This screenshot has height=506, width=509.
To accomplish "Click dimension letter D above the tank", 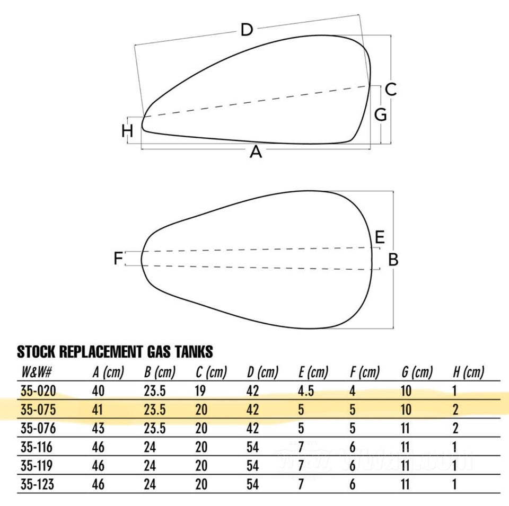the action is (x=247, y=30).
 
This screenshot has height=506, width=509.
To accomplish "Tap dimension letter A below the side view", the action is (x=256, y=152).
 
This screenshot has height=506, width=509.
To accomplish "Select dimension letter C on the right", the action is (x=391, y=89).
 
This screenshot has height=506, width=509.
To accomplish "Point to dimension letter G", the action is (x=381, y=114).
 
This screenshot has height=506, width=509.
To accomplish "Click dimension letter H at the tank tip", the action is (x=127, y=131).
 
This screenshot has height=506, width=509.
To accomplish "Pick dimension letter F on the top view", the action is (x=118, y=258).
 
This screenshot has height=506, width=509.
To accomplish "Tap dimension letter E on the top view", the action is (x=380, y=237).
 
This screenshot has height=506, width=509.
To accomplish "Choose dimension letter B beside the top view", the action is (x=393, y=260).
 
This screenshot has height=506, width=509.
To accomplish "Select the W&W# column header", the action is (x=37, y=372).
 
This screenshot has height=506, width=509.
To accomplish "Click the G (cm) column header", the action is (x=417, y=372).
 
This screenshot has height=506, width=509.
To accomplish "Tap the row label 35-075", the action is (x=38, y=410).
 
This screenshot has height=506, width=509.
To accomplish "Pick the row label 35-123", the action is (x=37, y=484).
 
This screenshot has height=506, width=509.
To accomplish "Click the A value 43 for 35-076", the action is (x=98, y=428).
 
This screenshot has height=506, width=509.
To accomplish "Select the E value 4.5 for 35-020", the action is (x=306, y=391).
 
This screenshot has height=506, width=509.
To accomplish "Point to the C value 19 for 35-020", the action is (x=200, y=391).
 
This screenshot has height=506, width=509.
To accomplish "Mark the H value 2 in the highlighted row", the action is (x=455, y=410).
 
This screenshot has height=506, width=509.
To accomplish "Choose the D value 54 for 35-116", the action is (x=253, y=447).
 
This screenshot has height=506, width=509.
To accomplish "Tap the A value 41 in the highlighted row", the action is (x=98, y=410).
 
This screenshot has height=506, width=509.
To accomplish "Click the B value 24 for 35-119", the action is (x=150, y=466).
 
